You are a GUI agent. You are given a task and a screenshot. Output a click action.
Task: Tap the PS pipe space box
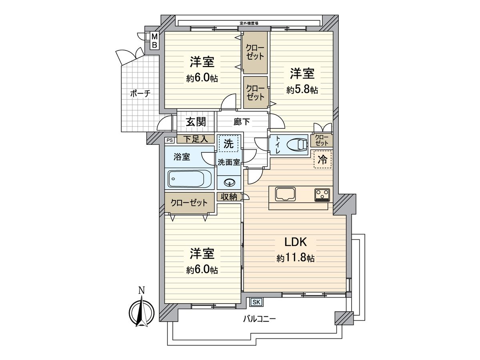169,140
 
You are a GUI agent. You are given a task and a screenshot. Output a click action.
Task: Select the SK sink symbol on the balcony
256,302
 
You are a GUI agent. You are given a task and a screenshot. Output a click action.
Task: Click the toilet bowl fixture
297,144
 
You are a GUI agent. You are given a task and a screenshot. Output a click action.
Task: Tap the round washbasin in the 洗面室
229,183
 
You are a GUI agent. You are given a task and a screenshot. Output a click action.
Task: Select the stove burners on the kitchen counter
322,194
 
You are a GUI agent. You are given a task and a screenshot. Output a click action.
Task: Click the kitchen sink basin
285,195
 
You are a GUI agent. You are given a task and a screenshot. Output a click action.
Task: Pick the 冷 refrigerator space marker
322,160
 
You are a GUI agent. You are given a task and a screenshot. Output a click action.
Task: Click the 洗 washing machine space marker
228,143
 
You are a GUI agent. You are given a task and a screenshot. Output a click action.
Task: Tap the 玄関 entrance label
196,122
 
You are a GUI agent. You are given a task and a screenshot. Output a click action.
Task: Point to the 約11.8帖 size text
295,258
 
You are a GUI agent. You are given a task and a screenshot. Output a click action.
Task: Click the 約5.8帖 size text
302,90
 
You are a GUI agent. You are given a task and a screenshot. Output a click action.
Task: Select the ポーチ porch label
140,94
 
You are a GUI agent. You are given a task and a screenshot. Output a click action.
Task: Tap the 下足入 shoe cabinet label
195,139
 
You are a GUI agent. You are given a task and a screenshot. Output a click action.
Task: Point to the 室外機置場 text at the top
248,23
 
